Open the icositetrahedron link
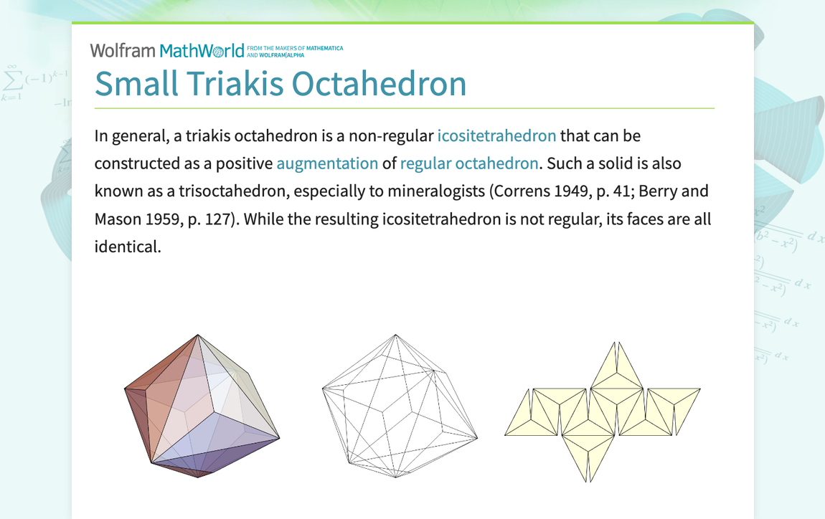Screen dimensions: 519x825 click(x=496, y=135)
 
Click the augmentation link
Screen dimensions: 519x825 click(x=327, y=163)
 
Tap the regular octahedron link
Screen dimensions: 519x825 click(x=468, y=163)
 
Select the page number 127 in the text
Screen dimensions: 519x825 click(x=216, y=219)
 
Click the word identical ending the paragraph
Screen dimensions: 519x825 click(x=127, y=247)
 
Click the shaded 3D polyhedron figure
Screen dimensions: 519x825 click(x=202, y=406)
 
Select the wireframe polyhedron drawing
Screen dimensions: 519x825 click(x=399, y=406)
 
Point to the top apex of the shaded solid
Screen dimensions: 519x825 click(x=198, y=334)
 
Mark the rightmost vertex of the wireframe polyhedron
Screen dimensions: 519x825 click(x=477, y=437)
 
